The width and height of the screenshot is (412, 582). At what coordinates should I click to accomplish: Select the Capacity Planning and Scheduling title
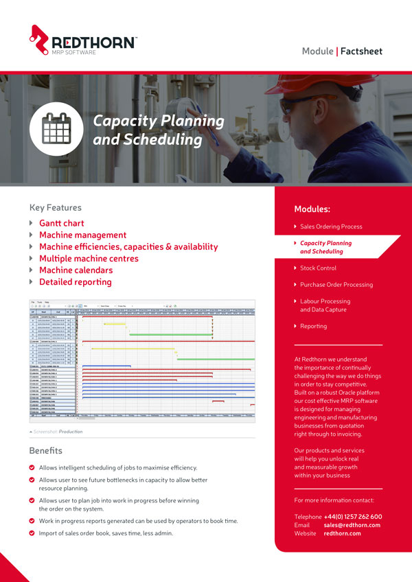coord(158,130)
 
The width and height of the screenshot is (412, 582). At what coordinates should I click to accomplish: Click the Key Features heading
coord(55,207)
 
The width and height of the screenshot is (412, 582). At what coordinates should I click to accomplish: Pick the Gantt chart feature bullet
coord(61,223)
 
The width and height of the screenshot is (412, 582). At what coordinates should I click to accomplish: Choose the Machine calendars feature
coord(75,270)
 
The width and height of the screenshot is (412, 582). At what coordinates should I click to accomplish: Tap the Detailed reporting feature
coord(75,281)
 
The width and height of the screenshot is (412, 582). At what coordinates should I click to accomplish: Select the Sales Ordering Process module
coord(331,226)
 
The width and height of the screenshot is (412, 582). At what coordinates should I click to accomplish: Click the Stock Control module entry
coord(318,268)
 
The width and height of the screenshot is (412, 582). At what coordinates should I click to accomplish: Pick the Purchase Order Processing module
coord(336,284)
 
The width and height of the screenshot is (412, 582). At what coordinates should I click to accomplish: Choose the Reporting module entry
coord(313,326)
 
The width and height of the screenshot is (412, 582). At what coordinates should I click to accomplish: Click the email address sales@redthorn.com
coord(352,525)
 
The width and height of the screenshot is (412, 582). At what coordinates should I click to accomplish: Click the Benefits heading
coord(45,451)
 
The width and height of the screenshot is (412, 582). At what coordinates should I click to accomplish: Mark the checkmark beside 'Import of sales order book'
coord(32,533)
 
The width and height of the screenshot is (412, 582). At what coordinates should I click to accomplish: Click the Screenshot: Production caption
coord(58,432)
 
